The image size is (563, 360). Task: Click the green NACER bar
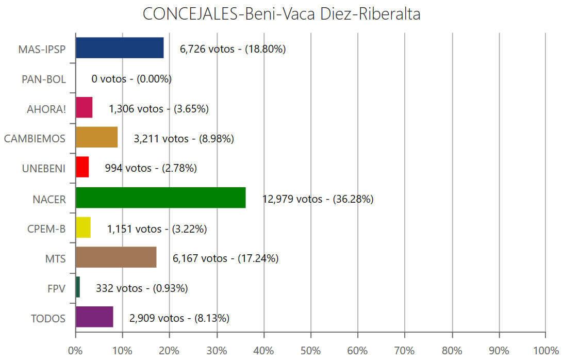point(160,198)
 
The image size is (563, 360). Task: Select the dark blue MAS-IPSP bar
point(120,48)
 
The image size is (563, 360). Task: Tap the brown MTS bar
point(116,257)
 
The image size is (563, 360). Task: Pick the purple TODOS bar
point(94,317)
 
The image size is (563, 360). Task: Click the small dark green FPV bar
point(78,287)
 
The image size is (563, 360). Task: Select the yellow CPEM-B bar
point(83,227)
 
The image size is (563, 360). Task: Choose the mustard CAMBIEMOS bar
point(96,138)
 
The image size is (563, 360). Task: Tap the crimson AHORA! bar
point(84,108)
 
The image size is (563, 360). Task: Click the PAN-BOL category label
point(44,79)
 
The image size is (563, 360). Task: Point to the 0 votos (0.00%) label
point(131,79)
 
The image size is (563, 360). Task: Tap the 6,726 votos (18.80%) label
point(233,49)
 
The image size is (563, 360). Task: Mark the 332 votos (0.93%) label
point(142,288)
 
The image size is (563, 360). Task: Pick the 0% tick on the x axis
point(76,351)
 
